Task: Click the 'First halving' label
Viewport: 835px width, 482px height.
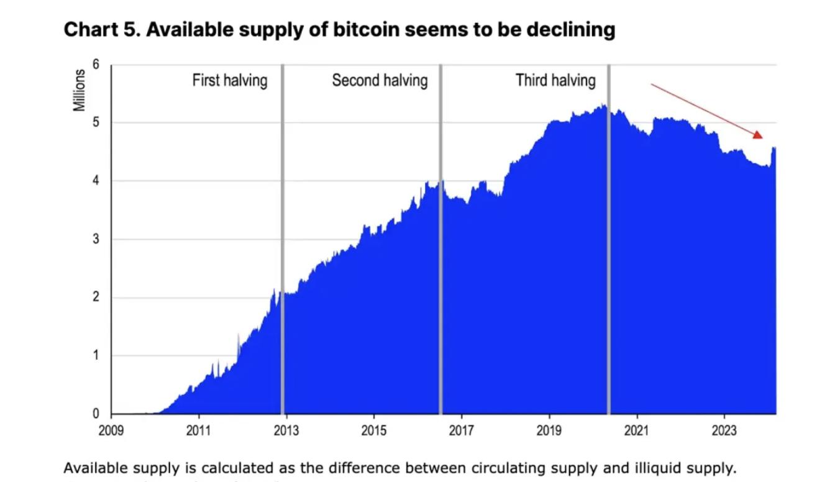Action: [x=229, y=80]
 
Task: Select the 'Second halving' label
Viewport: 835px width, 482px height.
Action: [x=380, y=80]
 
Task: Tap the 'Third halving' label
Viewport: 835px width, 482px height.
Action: [x=555, y=80]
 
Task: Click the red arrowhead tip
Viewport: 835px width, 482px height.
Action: [x=761, y=136]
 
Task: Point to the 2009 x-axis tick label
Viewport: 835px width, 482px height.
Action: [x=111, y=430]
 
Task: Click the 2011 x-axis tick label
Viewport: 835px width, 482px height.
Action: [x=199, y=430]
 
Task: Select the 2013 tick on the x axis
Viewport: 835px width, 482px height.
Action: [x=286, y=430]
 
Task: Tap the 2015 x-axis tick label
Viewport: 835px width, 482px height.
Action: [x=374, y=430]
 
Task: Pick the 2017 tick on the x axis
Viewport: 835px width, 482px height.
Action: [x=462, y=430]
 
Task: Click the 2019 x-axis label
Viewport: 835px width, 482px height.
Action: [x=549, y=430]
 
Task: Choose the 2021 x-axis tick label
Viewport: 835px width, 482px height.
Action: [x=636, y=430]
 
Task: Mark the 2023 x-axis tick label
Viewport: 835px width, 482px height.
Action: [x=724, y=430]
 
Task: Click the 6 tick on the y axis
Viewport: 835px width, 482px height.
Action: [x=96, y=65]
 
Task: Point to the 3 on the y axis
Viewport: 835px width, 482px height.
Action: [x=96, y=239]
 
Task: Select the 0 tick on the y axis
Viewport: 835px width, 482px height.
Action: [x=96, y=414]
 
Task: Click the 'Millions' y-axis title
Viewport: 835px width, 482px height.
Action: [x=80, y=90]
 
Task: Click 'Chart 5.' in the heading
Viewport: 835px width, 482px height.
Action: [x=101, y=29]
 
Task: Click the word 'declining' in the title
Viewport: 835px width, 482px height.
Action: [x=571, y=29]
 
